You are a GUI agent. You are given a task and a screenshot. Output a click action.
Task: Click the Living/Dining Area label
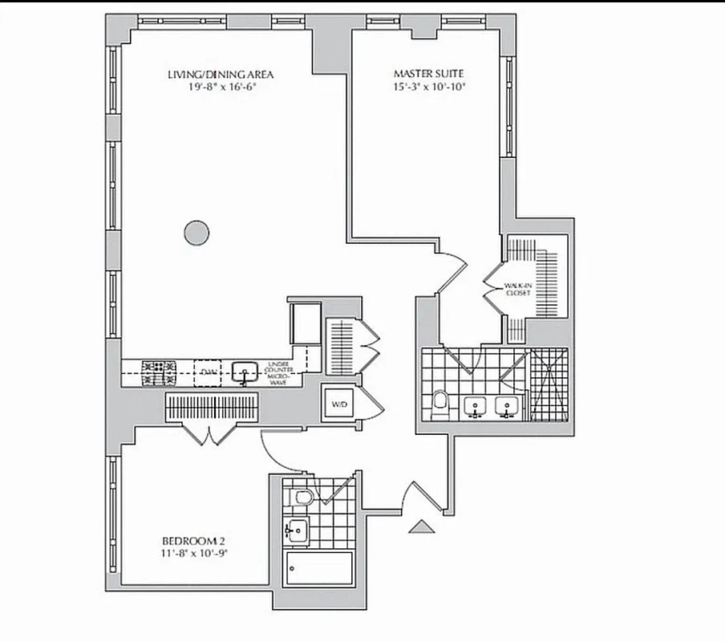pyautogui.click(x=221, y=75)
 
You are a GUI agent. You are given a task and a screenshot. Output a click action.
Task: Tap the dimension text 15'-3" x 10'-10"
pyautogui.click(x=430, y=87)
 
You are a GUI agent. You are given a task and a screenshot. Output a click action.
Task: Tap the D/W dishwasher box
pyautogui.click(x=209, y=372)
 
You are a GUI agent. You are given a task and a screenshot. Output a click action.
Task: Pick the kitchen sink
pyautogui.click(x=245, y=372)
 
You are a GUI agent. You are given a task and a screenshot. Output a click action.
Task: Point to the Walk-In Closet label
pyautogui.click(x=517, y=290)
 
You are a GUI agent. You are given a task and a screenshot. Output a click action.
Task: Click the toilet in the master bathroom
pyautogui.click(x=439, y=400)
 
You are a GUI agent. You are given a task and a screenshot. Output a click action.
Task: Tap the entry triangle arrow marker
pyautogui.click(x=421, y=526)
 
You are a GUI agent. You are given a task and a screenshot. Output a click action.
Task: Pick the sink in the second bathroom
pyautogui.click(x=298, y=530)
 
